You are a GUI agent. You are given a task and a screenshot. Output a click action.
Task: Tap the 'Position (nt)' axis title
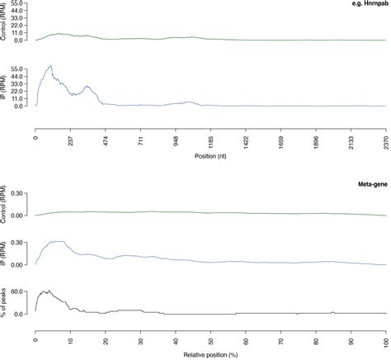210,154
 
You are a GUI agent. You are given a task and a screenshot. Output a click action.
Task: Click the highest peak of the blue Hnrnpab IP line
50,66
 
